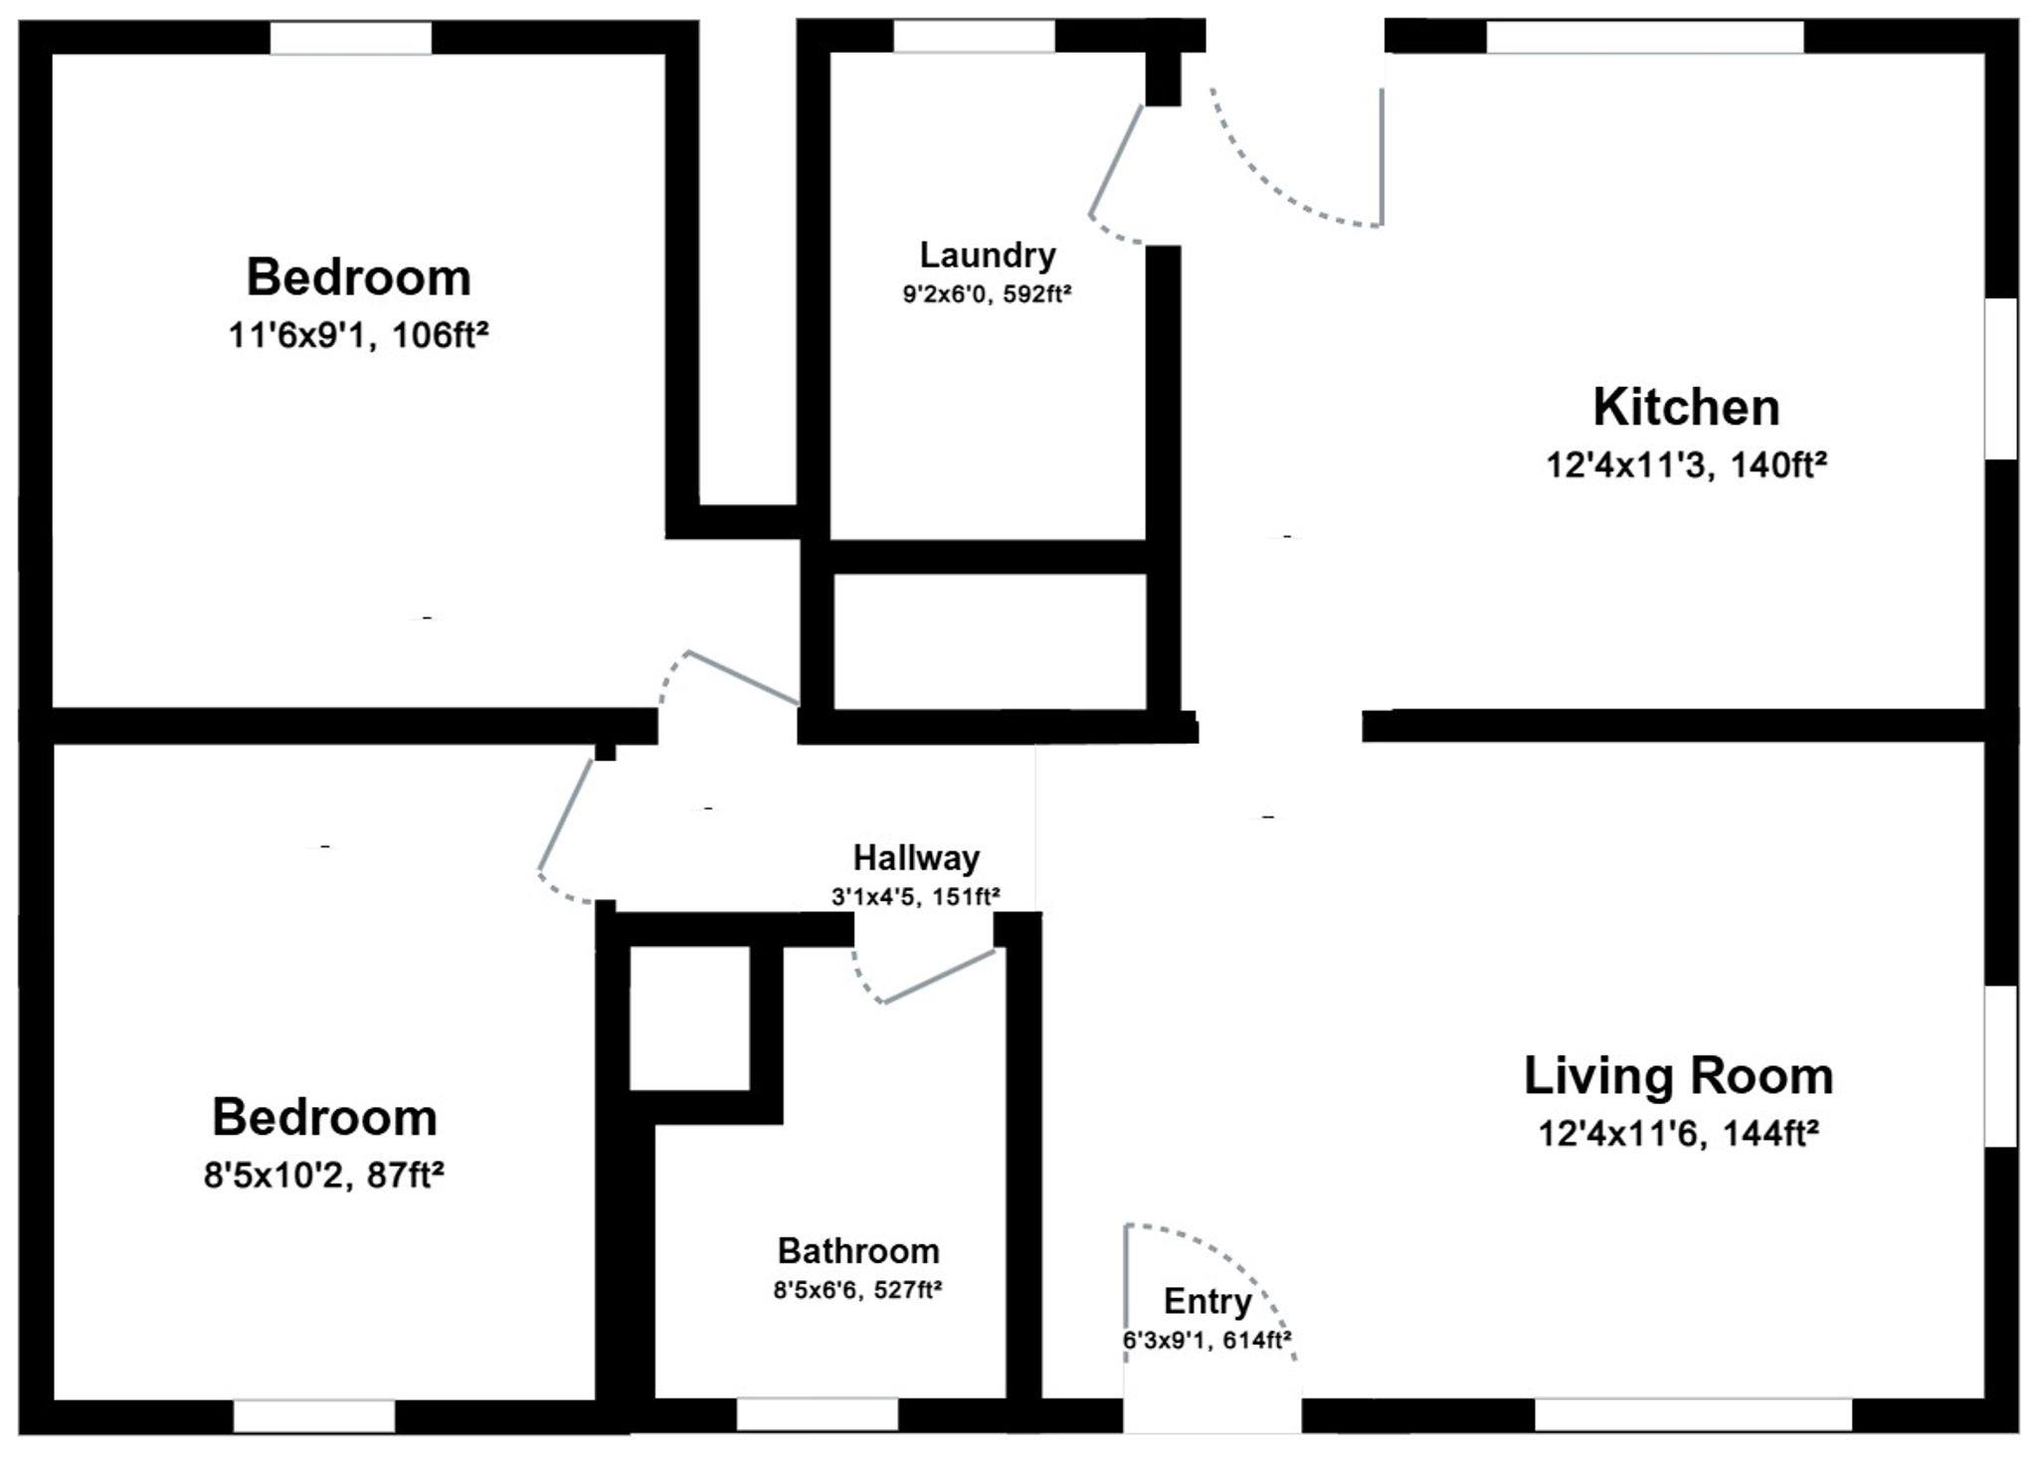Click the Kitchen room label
1686,408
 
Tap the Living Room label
1678,1076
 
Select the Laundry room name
987,257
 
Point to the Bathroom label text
858,1250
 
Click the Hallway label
916,858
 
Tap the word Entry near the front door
1207,1302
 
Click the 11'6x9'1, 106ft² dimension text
358,336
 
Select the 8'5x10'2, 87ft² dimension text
323,1176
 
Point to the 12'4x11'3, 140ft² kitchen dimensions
1686,465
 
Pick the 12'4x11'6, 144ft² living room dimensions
1678,1134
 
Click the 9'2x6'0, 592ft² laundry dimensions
987,295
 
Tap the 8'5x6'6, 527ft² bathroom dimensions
857,1290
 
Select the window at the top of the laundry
974,37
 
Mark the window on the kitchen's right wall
2001,378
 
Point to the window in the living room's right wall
2001,1066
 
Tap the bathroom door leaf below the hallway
939,976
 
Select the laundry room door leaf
1116,160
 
